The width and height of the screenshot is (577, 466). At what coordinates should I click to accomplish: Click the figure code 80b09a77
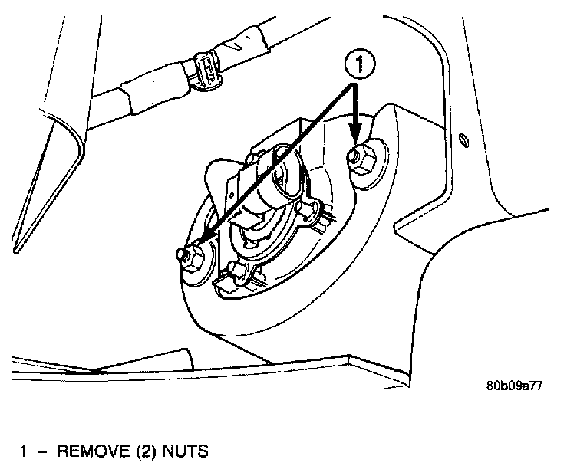pyautogui.click(x=513, y=386)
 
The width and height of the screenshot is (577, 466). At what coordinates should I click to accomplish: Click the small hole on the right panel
pyautogui.click(x=463, y=139)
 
